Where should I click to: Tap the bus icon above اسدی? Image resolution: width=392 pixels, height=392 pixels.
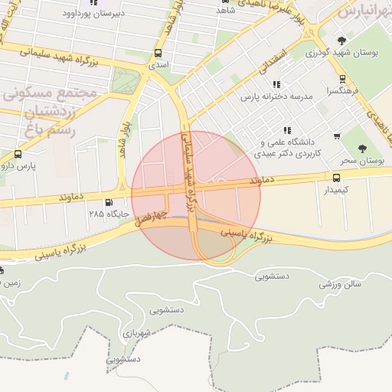pyautogui.click(x=158, y=54)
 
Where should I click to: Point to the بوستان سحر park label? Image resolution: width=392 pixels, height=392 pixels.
pyautogui.click(x=360, y=161)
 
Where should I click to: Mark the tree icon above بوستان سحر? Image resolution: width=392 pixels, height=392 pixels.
pyautogui.click(x=361, y=149)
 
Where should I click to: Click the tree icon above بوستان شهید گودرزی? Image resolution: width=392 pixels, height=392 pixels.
pyautogui.click(x=341, y=41)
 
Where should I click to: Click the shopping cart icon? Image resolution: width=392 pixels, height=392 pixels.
pyautogui.click(x=337, y=136)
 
